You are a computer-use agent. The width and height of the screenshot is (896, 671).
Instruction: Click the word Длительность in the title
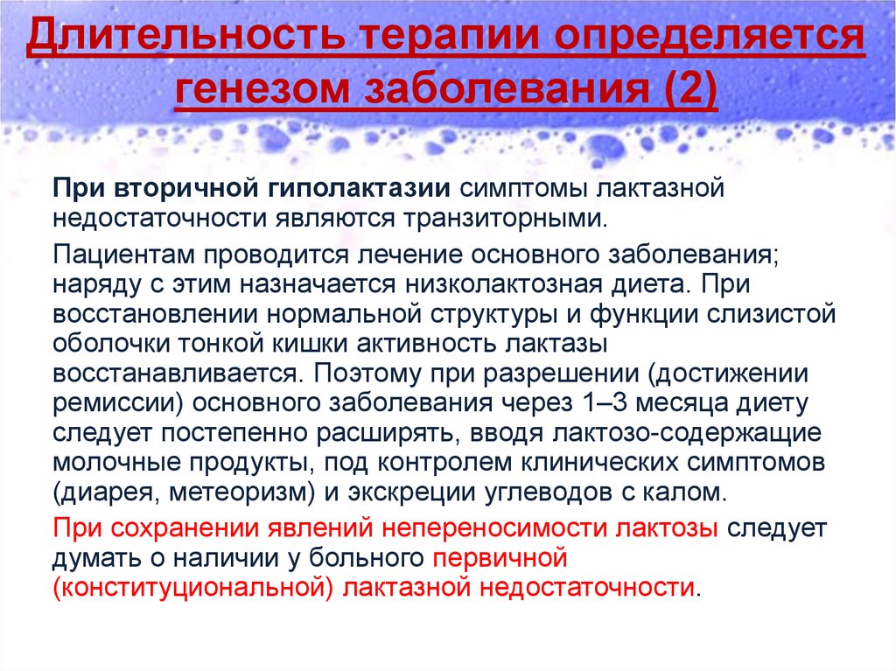point(186,36)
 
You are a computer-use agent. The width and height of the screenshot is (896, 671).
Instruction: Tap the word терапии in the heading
point(451,37)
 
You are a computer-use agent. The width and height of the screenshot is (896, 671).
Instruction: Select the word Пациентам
point(124,255)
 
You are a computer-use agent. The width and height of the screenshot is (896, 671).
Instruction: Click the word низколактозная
point(504,284)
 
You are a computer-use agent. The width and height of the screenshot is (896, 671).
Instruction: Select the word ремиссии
point(114,403)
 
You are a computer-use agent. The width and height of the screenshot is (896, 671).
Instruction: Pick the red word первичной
point(500,557)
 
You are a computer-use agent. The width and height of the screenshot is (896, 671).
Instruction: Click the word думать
point(96,558)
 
